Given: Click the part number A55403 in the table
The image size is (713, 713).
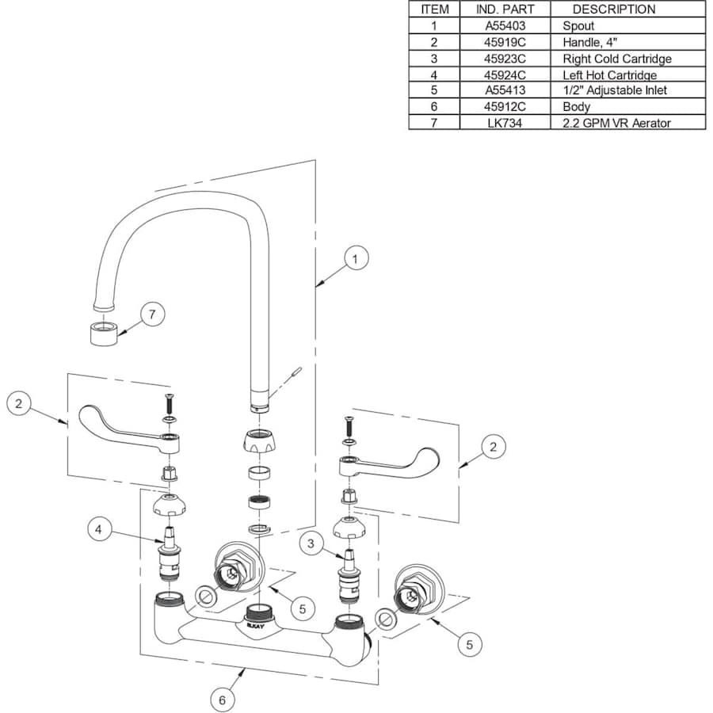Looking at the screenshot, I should (505, 25).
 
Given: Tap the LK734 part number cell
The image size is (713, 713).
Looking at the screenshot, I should (505, 123).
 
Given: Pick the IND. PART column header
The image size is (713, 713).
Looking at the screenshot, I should (505, 10).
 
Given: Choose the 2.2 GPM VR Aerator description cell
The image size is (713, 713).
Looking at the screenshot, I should (616, 123).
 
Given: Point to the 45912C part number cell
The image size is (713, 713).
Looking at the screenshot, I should (505, 107).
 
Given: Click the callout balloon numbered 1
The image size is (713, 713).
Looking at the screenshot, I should (356, 258).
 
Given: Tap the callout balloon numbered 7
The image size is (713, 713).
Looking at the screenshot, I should (153, 314).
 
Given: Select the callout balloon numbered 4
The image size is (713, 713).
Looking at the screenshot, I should (99, 529).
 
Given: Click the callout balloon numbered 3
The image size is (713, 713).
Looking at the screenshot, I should (311, 543).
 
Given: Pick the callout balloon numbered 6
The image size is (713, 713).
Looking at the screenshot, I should (223, 700).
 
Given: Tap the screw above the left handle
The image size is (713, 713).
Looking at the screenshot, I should (168, 402).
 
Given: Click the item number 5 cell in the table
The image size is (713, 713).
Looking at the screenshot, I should (434, 90).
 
